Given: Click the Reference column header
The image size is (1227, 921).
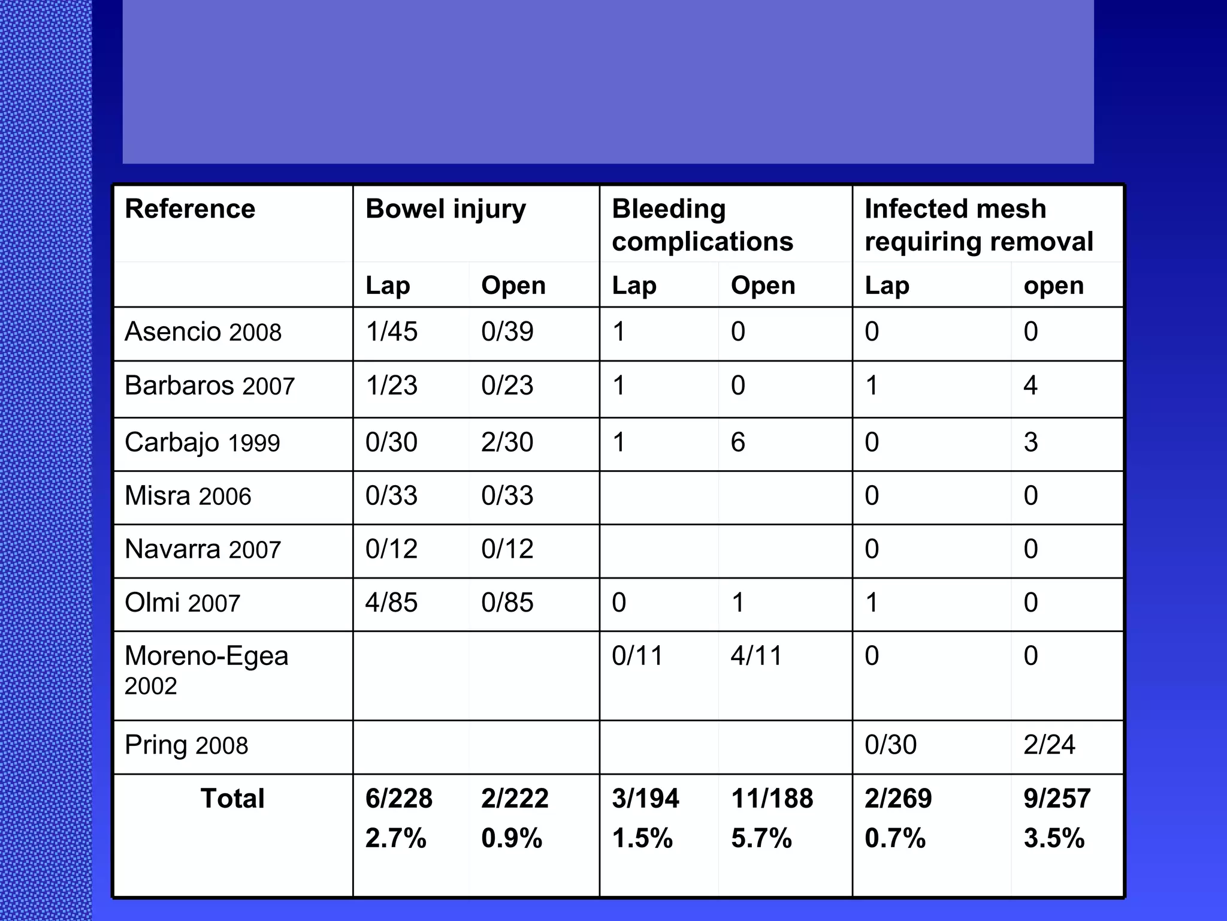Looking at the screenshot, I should pyautogui.click(x=190, y=209).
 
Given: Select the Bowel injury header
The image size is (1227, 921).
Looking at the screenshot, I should pyautogui.click(x=446, y=209).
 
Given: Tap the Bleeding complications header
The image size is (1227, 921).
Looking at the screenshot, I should pyautogui.click(x=702, y=225).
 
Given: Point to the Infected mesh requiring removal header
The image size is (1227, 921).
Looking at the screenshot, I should pyautogui.click(x=979, y=225).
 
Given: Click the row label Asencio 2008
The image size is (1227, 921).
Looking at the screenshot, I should pyautogui.click(x=203, y=332).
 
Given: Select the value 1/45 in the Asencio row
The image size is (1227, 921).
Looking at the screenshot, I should pyautogui.click(x=391, y=332).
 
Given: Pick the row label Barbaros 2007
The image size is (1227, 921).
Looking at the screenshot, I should pyautogui.click(x=210, y=386).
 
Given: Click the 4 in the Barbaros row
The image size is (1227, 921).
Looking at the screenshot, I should pyautogui.click(x=1030, y=386).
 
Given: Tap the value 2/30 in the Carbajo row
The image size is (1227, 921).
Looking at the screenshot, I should pyautogui.click(x=507, y=443).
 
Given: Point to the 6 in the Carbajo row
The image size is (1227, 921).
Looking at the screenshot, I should pyautogui.click(x=738, y=443).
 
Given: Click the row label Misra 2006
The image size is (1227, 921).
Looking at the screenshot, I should pyautogui.click(x=188, y=496).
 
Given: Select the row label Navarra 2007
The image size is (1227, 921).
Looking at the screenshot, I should pyautogui.click(x=203, y=549).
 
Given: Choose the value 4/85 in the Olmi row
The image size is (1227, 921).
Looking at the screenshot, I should pyautogui.click(x=391, y=603).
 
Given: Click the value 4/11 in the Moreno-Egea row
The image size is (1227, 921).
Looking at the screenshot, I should pyautogui.click(x=756, y=656).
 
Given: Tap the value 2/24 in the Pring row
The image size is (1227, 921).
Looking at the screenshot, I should pyautogui.click(x=1049, y=745).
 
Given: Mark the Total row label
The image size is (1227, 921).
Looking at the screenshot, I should pyautogui.click(x=232, y=799).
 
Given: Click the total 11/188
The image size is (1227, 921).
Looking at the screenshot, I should pyautogui.click(x=772, y=799).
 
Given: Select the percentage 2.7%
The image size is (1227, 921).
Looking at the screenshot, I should pyautogui.click(x=395, y=838).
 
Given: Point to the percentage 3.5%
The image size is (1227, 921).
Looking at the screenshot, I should pyautogui.click(x=1054, y=838).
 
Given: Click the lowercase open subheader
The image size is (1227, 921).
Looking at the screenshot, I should pyautogui.click(x=1053, y=285).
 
